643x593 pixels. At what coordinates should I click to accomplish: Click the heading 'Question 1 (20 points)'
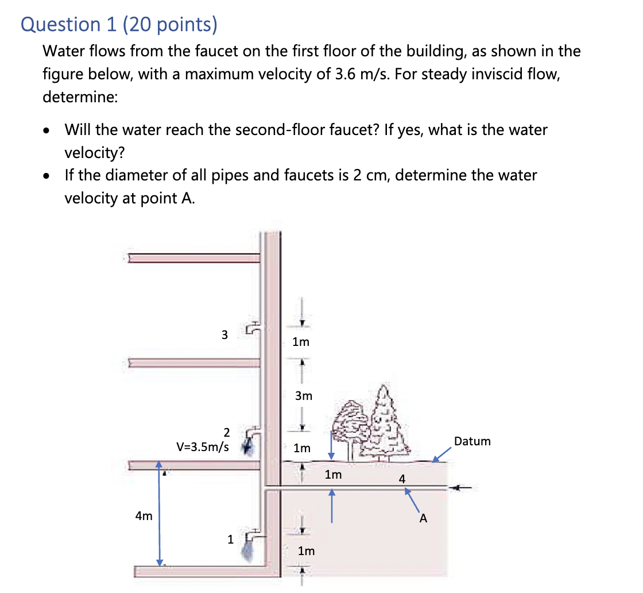tap(119, 24)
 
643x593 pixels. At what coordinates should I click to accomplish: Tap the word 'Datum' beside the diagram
tap(472, 441)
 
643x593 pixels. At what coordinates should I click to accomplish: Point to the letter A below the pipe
tap(423, 518)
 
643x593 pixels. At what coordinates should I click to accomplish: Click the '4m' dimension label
tap(144, 516)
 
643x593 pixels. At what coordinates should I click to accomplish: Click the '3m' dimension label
tap(304, 396)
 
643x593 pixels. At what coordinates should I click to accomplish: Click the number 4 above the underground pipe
tap(402, 478)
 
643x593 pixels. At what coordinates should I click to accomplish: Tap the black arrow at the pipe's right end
tap(462, 488)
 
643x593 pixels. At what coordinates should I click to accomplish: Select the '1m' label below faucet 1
tap(306, 551)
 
